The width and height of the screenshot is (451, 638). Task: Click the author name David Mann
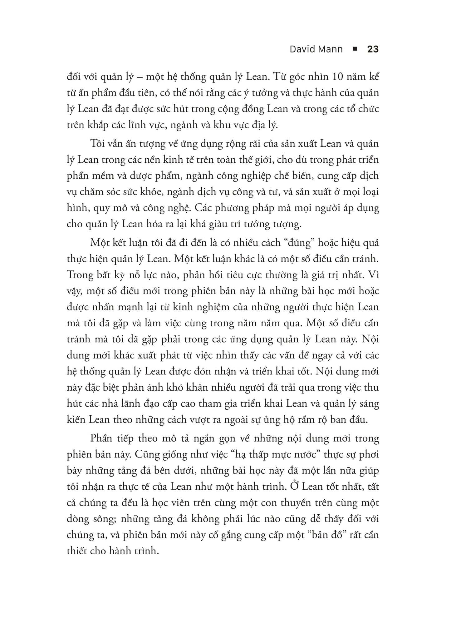[x=316, y=49]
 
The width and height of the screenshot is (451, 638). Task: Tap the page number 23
[x=373, y=49]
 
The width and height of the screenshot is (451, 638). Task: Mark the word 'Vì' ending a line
[x=374, y=275]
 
